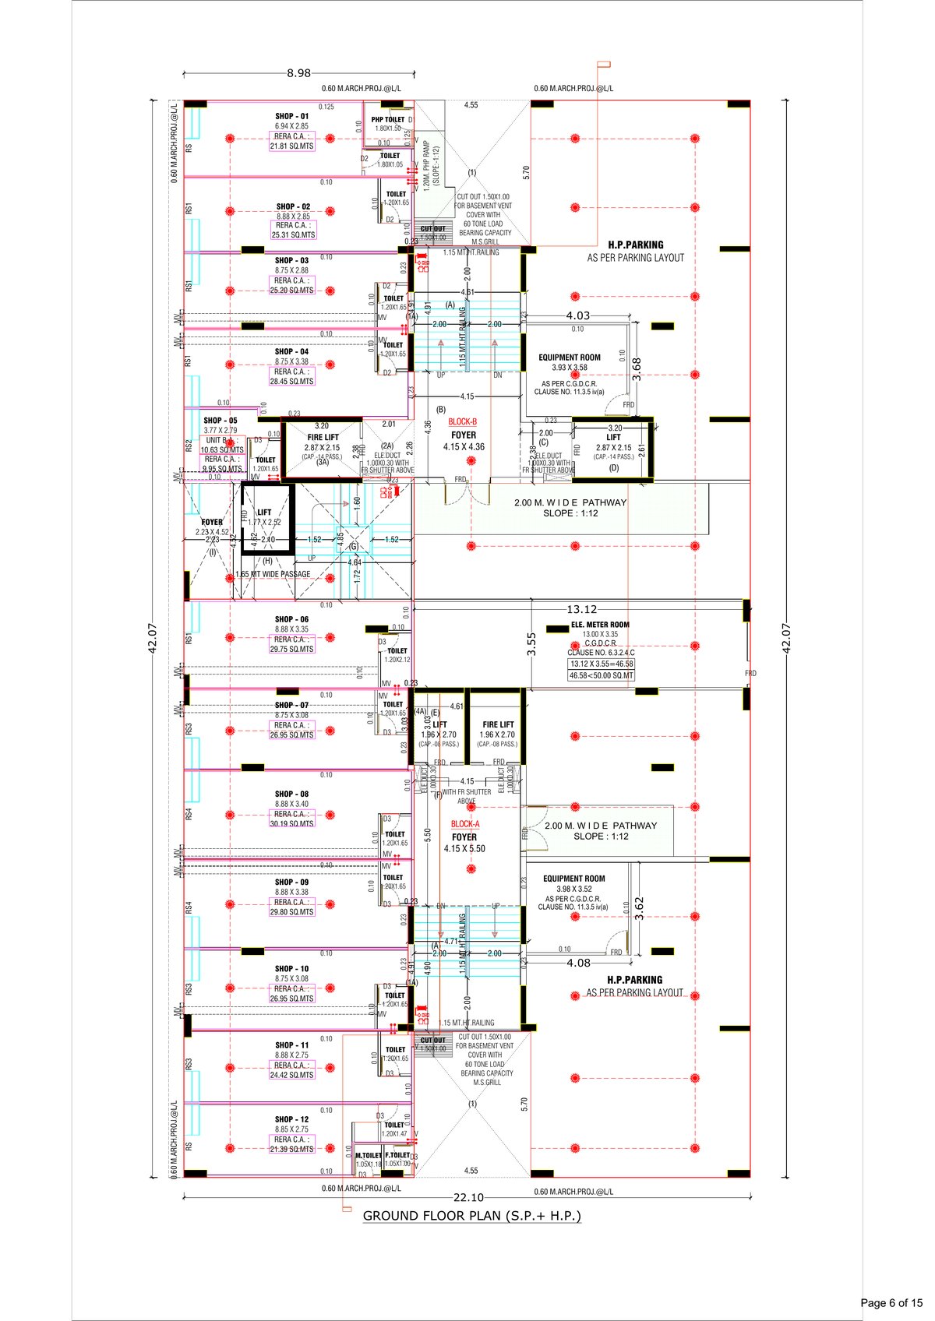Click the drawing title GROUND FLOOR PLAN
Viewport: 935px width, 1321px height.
tap(471, 1216)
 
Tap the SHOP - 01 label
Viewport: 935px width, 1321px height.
tap(291, 116)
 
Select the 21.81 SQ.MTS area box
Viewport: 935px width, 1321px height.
tap(291, 146)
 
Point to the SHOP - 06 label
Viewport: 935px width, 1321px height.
tap(291, 619)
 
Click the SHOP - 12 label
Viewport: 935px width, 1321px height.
tap(291, 1119)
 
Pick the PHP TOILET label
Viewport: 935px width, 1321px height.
tap(388, 119)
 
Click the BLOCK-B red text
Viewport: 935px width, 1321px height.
tap(463, 422)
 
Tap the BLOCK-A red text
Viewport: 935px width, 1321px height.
tap(465, 824)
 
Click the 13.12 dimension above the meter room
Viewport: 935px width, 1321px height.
tap(581, 609)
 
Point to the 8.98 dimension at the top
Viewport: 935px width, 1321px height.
tap(298, 73)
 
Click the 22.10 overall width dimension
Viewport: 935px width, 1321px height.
tap(468, 1198)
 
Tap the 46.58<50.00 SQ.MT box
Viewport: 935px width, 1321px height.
tap(601, 676)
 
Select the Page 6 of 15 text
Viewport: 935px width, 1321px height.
tap(891, 1302)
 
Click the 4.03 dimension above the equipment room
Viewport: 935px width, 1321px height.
tap(577, 315)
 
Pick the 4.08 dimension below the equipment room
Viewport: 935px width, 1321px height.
tap(578, 963)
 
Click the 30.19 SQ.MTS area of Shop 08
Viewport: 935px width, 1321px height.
tap(291, 823)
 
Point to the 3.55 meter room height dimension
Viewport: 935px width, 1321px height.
tap(531, 643)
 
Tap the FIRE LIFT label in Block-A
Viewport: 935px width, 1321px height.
tap(498, 724)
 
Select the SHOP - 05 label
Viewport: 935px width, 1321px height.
tap(221, 421)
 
